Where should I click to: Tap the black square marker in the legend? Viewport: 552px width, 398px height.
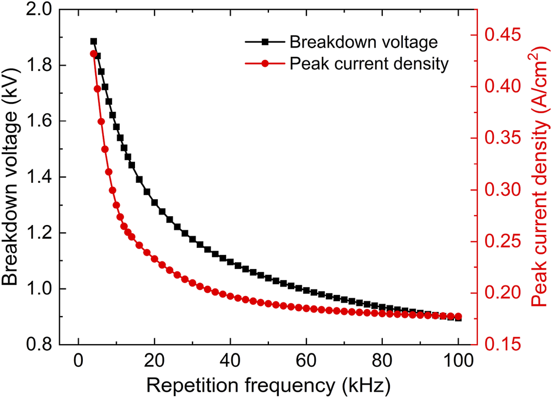(x=264, y=42)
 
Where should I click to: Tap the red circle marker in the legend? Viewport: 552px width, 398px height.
(x=264, y=64)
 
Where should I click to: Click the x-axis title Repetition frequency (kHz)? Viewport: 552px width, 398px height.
(x=267, y=386)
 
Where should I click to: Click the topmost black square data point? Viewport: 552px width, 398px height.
(x=93, y=42)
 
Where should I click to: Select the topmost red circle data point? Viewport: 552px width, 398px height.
(x=93, y=54)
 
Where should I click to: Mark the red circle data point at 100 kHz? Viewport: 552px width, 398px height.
(x=458, y=317)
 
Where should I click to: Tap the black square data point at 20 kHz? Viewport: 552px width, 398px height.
(x=154, y=202)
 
